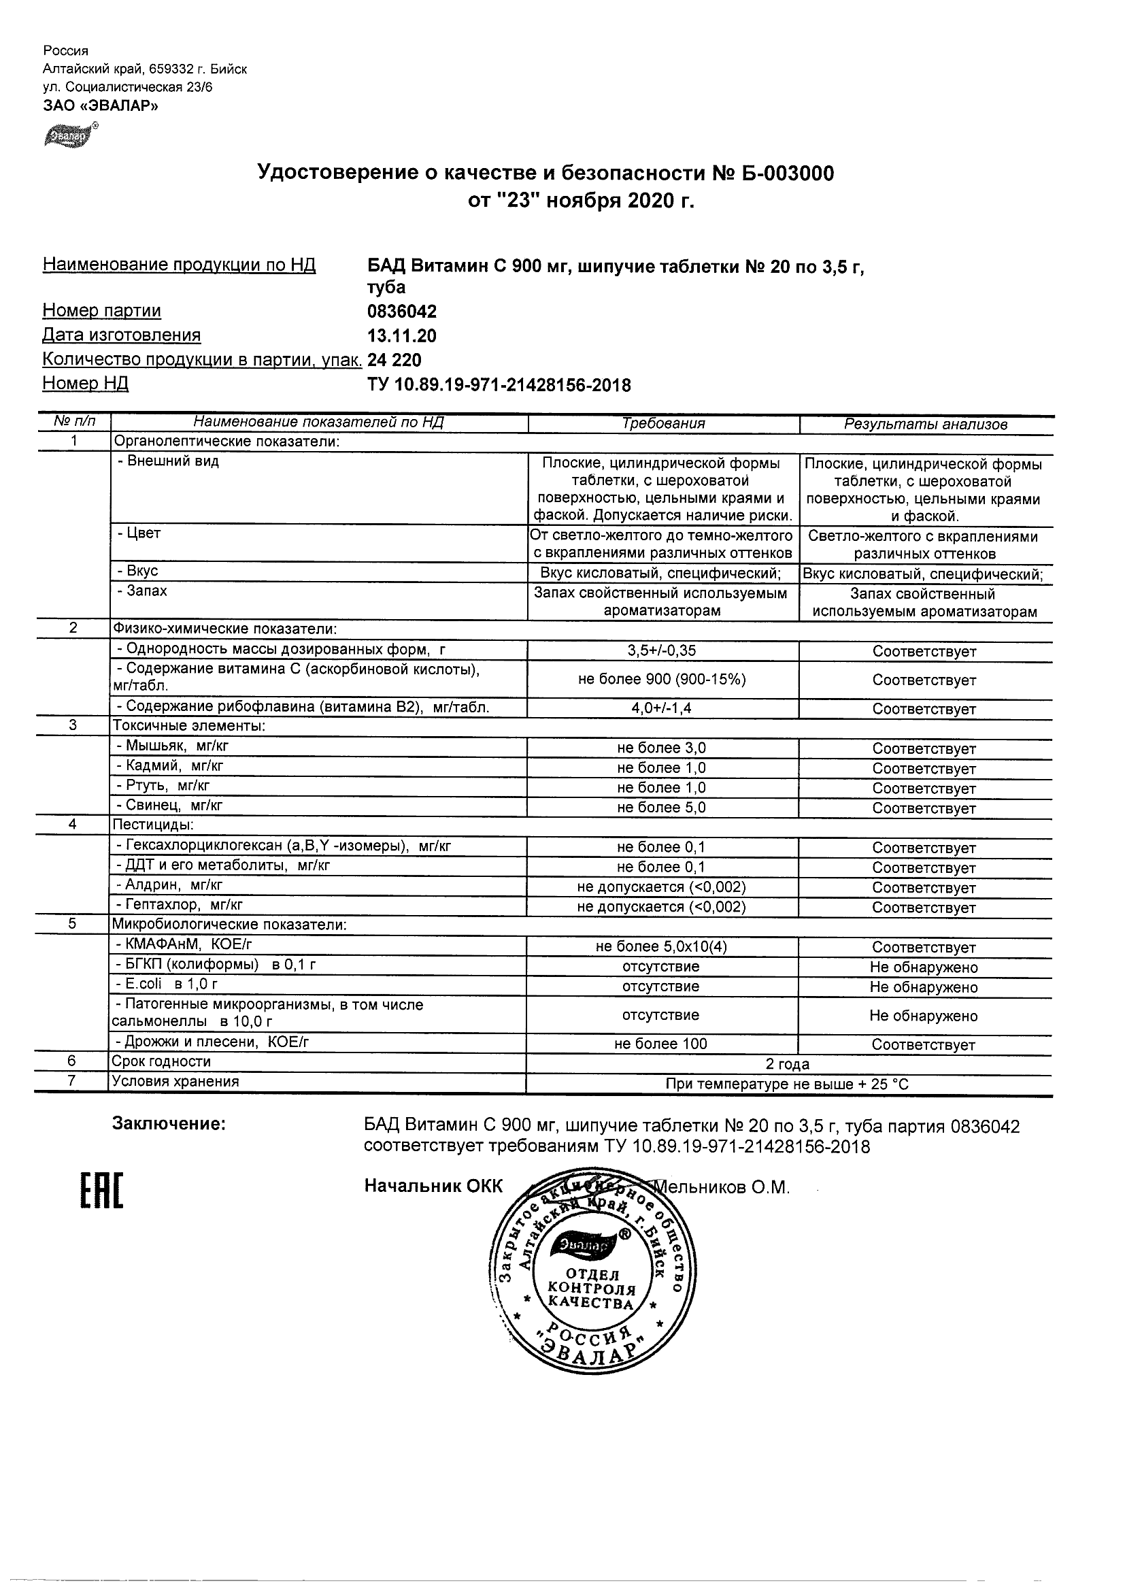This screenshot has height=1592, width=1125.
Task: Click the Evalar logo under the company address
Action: click(70, 135)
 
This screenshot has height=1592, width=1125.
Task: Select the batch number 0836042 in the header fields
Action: click(402, 312)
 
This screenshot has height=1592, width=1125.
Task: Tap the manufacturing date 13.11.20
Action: click(402, 336)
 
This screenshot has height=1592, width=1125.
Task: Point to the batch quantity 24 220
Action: click(394, 360)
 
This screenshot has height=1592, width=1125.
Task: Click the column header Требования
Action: click(663, 424)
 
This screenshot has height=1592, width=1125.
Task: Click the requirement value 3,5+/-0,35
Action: click(662, 651)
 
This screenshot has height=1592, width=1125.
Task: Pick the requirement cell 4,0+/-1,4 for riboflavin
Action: click(662, 709)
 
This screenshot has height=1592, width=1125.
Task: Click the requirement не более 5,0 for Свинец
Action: click(662, 807)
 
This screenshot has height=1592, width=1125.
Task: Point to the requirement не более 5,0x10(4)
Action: click(662, 947)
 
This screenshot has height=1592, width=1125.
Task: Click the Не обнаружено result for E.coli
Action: click(924, 986)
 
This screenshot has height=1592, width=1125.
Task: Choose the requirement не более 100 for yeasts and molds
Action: click(662, 1044)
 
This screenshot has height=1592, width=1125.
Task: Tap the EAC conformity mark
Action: click(101, 1191)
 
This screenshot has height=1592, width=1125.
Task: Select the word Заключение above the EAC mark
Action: click(169, 1124)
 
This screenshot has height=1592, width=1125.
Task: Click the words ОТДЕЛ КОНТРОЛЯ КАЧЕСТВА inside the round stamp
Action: click(591, 1290)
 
